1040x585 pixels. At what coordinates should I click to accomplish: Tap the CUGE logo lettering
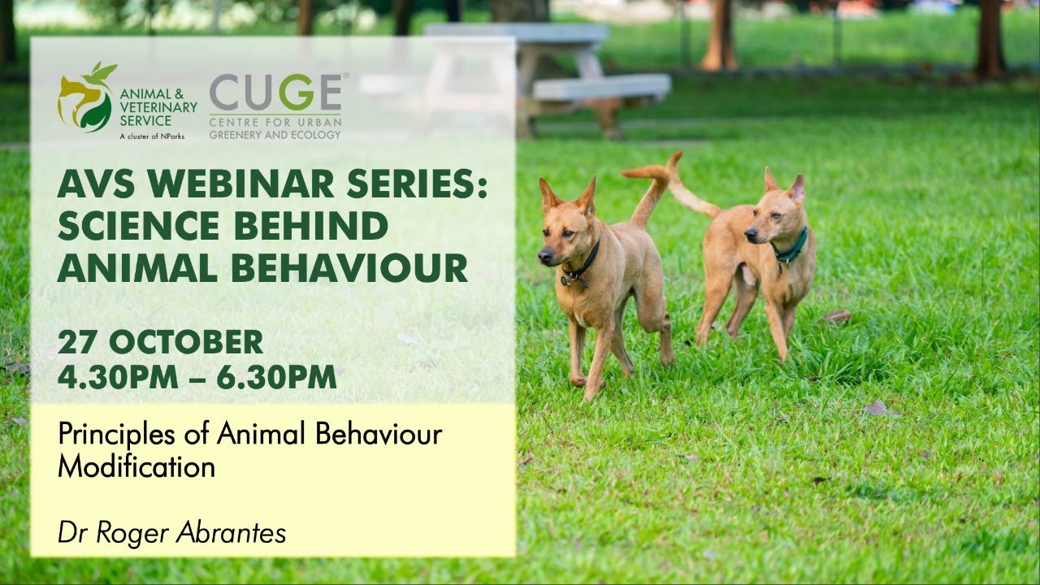coord(276,93)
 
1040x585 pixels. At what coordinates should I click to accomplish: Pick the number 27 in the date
coord(78,342)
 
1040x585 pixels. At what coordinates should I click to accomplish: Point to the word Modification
coord(136,467)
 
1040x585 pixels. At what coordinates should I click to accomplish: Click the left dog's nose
coord(542,258)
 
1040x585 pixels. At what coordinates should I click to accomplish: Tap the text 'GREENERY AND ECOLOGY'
coord(275,135)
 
